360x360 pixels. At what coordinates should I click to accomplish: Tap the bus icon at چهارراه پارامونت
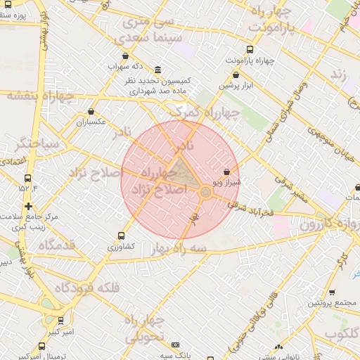pos(250,50)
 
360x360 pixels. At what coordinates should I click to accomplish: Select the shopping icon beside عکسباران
pos(91,111)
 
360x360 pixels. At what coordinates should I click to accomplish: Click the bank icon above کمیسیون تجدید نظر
pos(156,71)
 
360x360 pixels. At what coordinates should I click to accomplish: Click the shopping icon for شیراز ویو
pos(226,172)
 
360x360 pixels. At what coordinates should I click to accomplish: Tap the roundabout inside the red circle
pos(205,191)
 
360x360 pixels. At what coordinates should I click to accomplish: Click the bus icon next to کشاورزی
pos(122,236)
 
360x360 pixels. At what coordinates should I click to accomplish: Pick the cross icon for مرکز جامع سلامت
pos(28,206)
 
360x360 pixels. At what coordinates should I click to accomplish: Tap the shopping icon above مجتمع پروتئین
pos(331,292)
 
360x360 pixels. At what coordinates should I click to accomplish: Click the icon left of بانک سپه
pos(175,345)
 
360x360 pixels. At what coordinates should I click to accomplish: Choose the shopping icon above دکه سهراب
pos(125,56)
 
